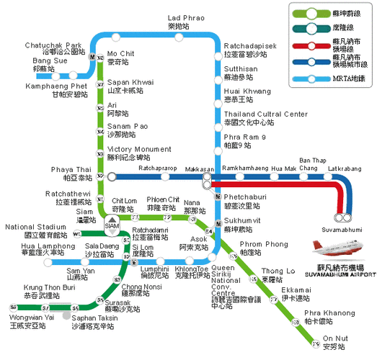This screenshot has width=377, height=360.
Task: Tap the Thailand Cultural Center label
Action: pyautogui.click(x=265, y=118)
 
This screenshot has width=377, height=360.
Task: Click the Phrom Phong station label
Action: pyautogui.click(x=265, y=249)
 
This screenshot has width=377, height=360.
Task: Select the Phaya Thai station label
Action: pyautogui.click(x=72, y=173)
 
